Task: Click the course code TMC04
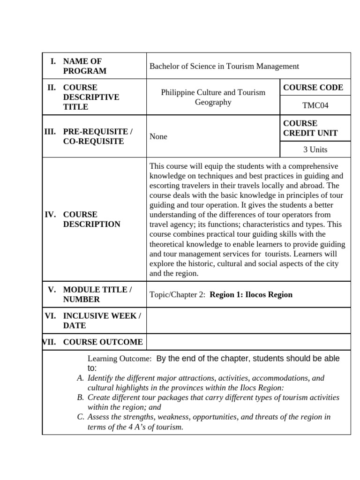click(x=315, y=105)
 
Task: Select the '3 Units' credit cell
click(x=315, y=150)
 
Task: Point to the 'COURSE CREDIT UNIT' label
click(x=310, y=128)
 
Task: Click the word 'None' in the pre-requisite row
click(x=158, y=137)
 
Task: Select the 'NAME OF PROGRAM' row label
click(x=84, y=66)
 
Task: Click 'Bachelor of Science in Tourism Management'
click(x=224, y=66)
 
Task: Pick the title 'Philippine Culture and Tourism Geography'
click(x=213, y=97)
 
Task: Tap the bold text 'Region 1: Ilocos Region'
click(x=251, y=295)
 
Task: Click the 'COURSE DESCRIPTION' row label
click(x=91, y=219)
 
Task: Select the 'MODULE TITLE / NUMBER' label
click(x=97, y=294)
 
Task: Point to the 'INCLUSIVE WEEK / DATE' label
click(x=102, y=321)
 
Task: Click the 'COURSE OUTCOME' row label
click(x=103, y=342)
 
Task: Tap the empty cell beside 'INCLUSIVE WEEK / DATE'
click(x=248, y=321)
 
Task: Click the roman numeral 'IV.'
click(x=51, y=215)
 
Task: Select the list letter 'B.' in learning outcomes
click(x=80, y=397)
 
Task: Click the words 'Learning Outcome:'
click(x=120, y=359)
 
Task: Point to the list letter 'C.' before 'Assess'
click(x=80, y=417)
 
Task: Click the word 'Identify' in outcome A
click(x=101, y=378)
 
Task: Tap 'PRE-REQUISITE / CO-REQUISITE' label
click(x=97, y=136)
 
